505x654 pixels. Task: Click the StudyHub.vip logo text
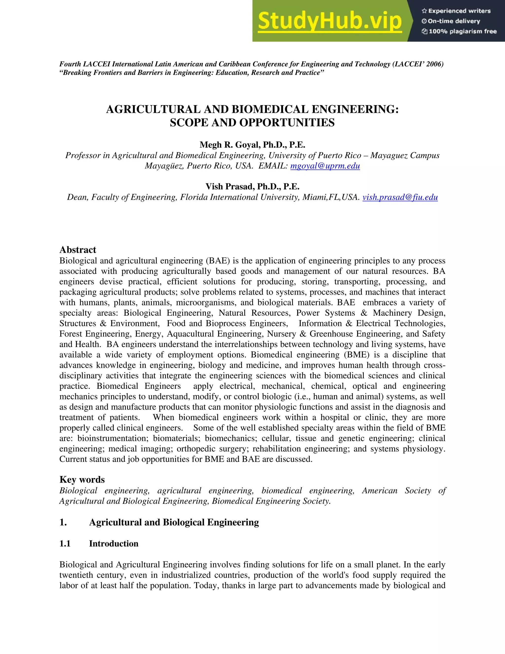pos(329,21)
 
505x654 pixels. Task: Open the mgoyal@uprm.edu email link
pos(325,166)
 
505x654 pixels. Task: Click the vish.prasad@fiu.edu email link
pos(400,197)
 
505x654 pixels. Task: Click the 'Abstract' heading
pos(77,250)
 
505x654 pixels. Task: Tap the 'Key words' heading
pos(82,480)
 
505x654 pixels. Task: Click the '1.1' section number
pos(65,543)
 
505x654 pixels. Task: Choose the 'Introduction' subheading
pos(114,543)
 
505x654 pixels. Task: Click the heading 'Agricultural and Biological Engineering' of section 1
pos(174,522)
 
